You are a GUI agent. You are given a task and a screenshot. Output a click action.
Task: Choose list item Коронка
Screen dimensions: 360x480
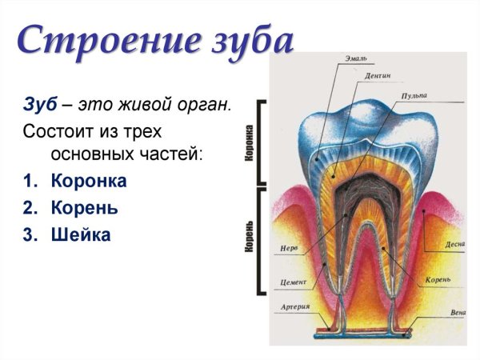tap(88, 181)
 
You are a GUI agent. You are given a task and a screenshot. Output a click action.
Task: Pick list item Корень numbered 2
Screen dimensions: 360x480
tap(84, 208)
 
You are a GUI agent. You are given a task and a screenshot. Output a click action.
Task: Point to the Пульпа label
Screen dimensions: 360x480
tap(413, 96)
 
